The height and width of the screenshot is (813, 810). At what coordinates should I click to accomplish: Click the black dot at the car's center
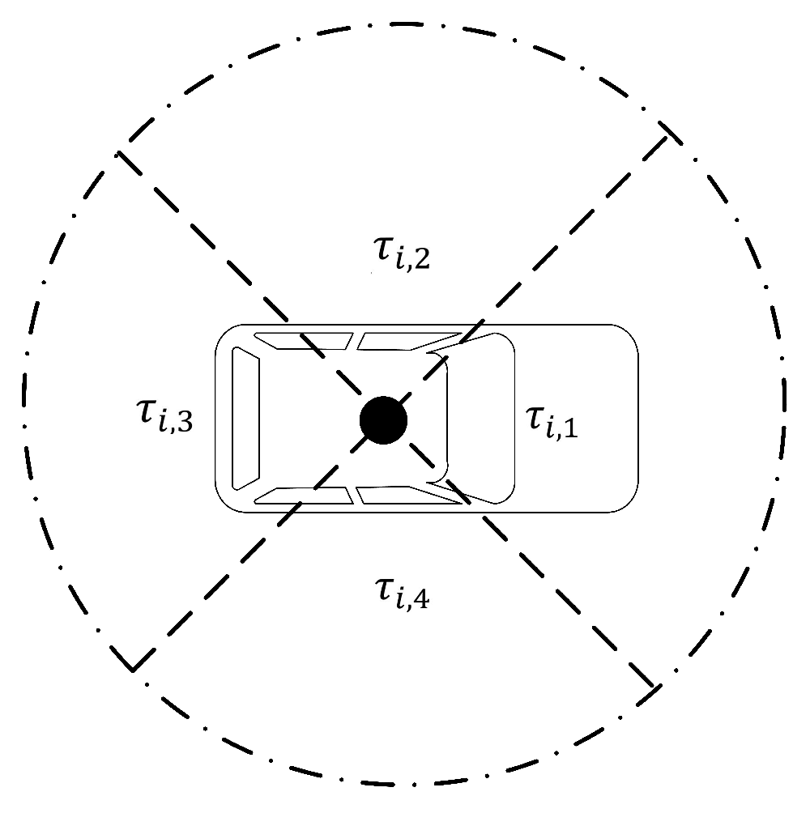click(x=383, y=420)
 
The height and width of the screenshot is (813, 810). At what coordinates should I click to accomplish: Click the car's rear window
click(x=245, y=419)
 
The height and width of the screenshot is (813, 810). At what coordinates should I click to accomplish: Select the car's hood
click(x=575, y=419)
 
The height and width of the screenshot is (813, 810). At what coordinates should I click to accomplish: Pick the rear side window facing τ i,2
click(x=303, y=341)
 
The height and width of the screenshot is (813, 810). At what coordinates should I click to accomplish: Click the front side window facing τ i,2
click(x=397, y=341)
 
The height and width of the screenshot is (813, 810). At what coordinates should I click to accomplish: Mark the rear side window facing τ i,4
click(x=303, y=496)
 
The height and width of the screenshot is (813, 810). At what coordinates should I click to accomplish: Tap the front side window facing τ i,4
click(x=397, y=496)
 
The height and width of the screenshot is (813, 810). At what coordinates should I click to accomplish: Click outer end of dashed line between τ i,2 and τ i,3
click(x=119, y=151)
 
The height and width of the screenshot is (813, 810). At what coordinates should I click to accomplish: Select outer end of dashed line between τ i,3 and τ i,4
click(x=132, y=670)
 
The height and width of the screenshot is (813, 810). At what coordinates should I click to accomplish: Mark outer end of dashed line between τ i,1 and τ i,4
click(x=652, y=687)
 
